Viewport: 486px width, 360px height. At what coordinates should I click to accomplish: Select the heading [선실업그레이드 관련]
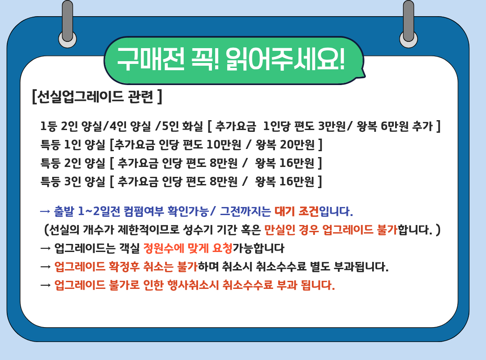97,97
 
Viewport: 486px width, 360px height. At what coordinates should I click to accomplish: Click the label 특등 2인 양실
73,163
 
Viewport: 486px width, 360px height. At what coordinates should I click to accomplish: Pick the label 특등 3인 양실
73,181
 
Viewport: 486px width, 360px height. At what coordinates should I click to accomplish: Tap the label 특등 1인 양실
73,145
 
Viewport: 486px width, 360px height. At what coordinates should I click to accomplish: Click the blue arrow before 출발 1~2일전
45,211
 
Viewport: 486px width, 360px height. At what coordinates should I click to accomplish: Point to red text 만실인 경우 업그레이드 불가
331,230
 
